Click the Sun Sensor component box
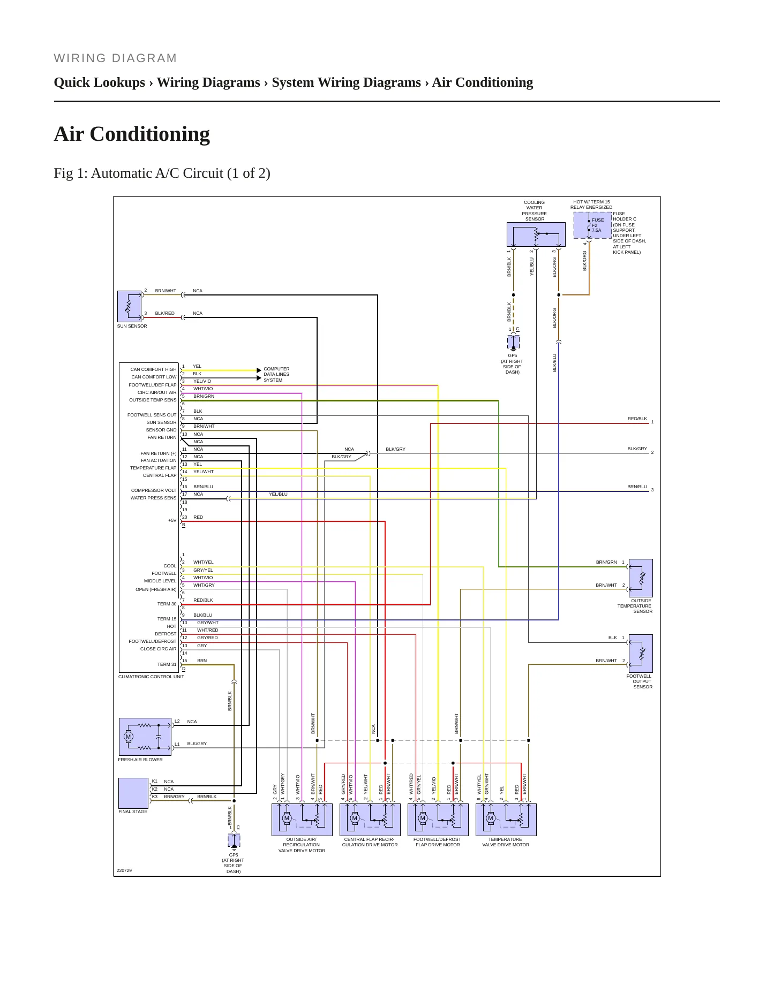(129, 306)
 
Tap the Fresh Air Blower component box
(145, 737)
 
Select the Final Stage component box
(133, 793)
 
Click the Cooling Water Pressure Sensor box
(536, 234)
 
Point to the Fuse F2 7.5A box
(592, 225)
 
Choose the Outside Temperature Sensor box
(641, 578)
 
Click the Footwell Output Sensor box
(641, 654)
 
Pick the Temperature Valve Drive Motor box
(506, 820)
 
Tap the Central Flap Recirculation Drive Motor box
(370, 820)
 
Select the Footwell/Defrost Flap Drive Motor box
(438, 820)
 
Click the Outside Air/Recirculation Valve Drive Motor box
(302, 820)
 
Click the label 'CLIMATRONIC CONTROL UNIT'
(151, 677)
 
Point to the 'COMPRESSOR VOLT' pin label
(154, 490)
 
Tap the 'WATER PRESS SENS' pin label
(153, 498)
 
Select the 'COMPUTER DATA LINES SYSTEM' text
(276, 374)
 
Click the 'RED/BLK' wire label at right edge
(637, 419)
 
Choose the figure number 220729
(124, 870)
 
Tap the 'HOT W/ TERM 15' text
(591, 202)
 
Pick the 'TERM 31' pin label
(167, 664)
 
